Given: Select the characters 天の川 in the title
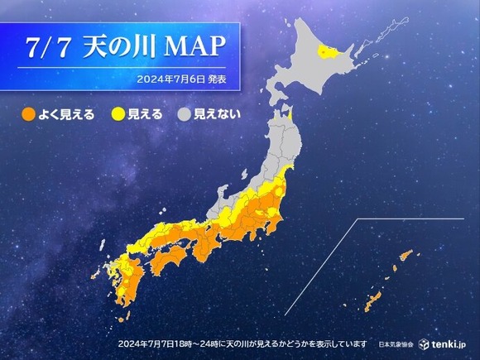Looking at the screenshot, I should click(x=121, y=46).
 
